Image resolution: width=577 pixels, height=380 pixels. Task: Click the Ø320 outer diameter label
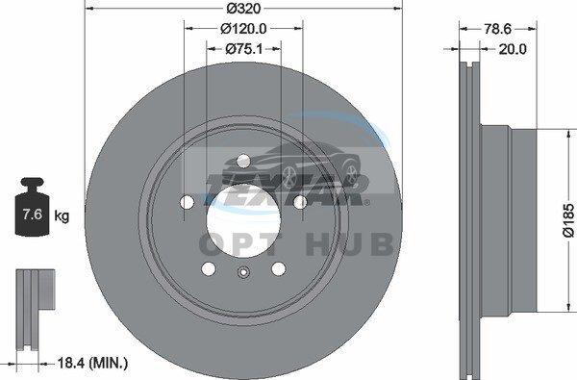point(243,9)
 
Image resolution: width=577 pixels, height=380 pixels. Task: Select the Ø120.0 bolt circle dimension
point(243,28)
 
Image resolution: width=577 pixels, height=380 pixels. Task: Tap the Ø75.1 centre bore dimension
point(244,49)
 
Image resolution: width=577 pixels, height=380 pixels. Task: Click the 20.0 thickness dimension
point(513,49)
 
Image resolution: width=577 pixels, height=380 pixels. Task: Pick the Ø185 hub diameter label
point(568,220)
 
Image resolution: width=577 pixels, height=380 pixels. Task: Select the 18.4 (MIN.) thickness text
point(92,364)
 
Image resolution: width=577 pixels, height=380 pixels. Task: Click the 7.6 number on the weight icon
point(33,215)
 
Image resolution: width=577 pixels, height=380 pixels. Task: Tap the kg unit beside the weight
point(62,215)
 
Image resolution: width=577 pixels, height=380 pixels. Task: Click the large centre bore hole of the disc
point(243,220)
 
